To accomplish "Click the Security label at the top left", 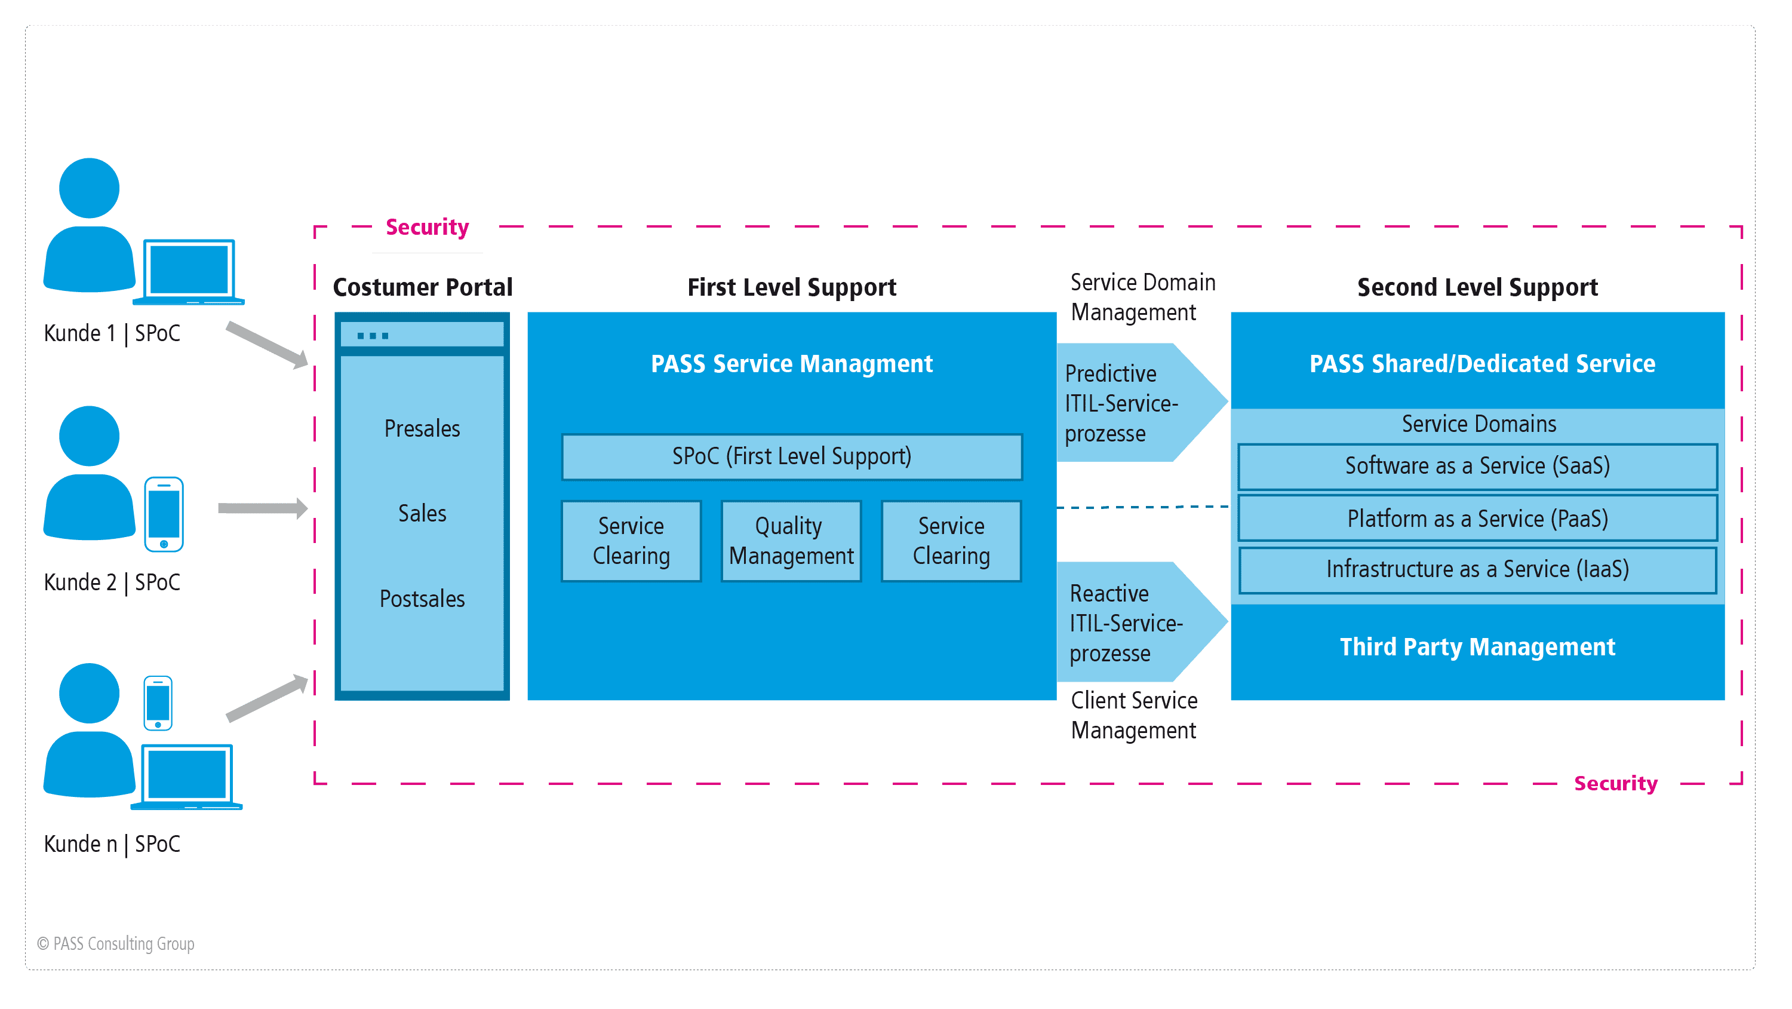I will pos(427,228).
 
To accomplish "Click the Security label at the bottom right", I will pos(1615,784).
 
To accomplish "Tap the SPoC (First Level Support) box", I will pos(792,456).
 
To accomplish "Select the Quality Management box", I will pos(791,541).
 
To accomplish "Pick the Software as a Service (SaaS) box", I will pos(1477,466).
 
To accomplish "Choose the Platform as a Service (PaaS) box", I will pos(1477,519).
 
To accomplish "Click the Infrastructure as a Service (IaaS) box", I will pos(1477,570).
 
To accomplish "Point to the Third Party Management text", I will pos(1477,647).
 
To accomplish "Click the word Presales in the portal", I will pos(422,429).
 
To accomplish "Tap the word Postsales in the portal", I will pos(422,599).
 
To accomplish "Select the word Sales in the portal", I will pos(422,514).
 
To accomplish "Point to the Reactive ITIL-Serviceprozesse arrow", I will pos(1134,623).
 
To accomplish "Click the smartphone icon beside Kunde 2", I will pos(164,514).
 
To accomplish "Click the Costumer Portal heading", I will pos(422,287).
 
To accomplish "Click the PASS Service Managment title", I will pos(792,364).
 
